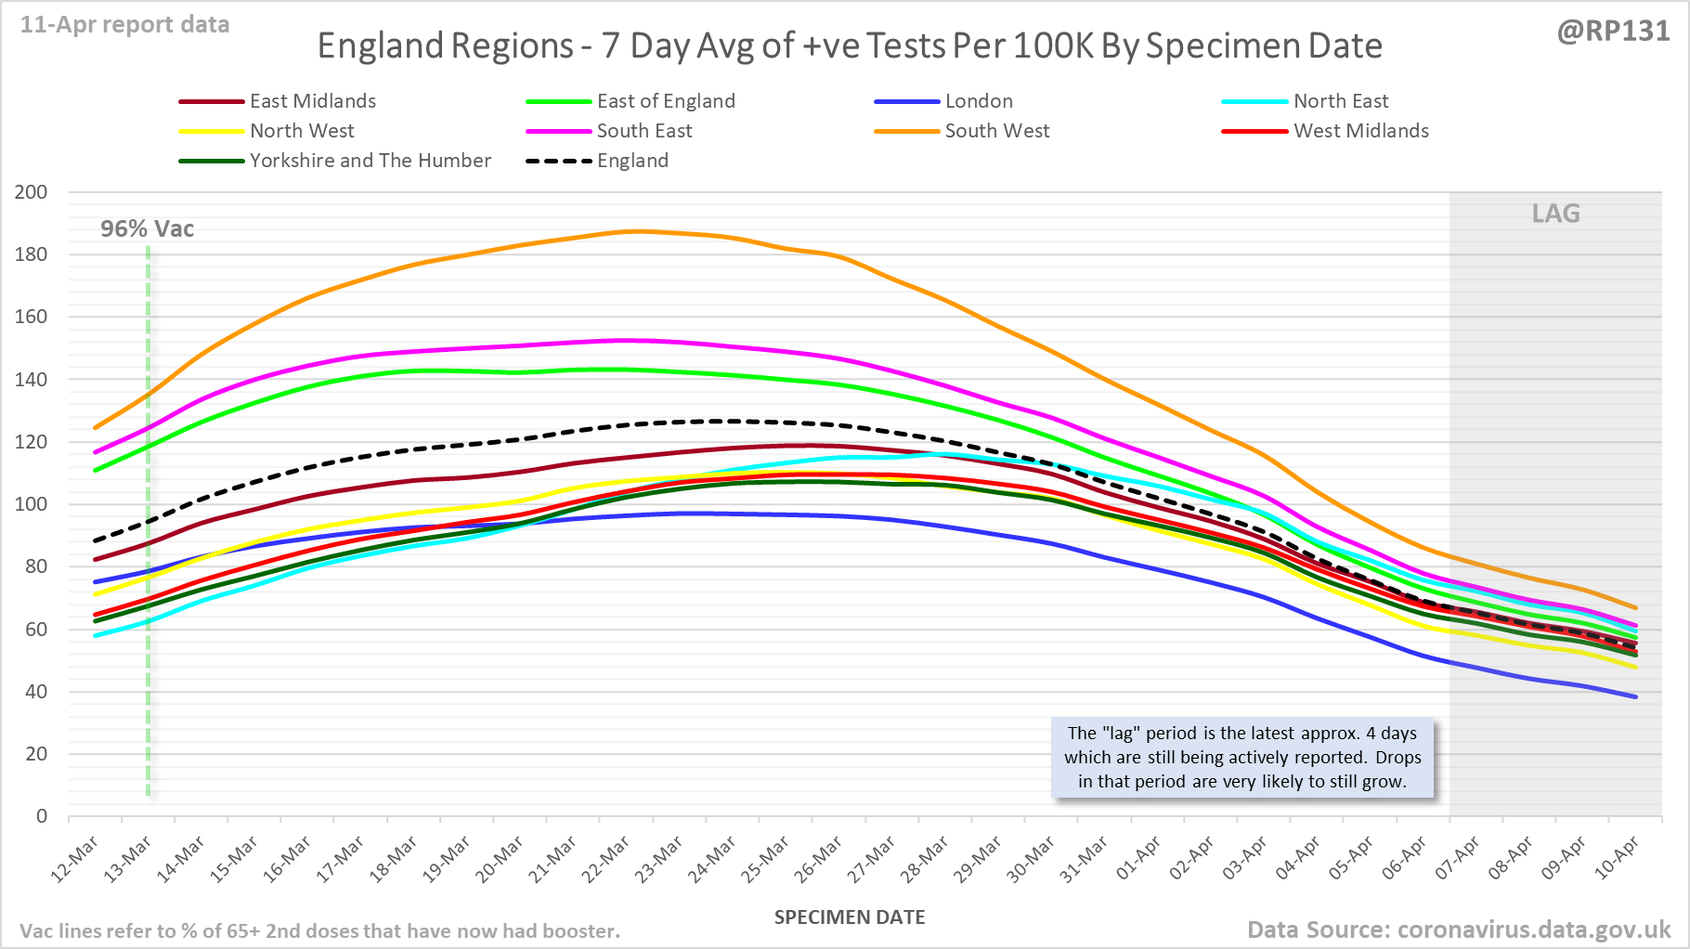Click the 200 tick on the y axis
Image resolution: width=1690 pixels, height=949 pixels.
pos(31,192)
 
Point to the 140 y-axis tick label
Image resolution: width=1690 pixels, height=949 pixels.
pos(31,379)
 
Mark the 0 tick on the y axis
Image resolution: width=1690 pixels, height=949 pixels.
pos(41,816)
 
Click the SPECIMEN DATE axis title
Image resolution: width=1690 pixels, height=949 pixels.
pos(850,917)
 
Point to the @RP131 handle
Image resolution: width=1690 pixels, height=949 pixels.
pos(1613,32)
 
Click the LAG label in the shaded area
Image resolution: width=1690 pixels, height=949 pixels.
pos(1555,214)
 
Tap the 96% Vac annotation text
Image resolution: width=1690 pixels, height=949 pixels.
pos(147,229)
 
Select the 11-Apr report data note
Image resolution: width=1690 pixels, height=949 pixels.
pos(124,25)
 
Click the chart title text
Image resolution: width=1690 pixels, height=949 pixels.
pos(850,46)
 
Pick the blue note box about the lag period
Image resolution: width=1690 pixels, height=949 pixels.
pos(1242,758)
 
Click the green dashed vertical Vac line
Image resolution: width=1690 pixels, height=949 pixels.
pos(148,520)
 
